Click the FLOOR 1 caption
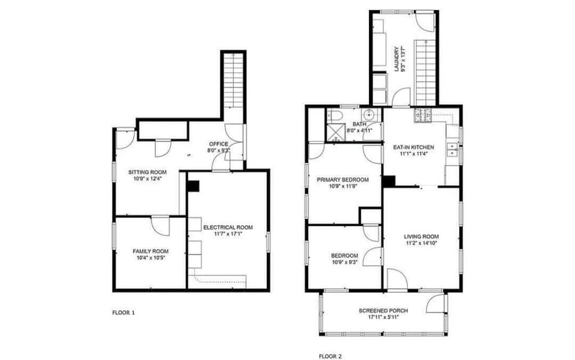tap(123, 313)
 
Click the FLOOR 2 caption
tap(331, 356)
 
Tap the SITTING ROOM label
tap(147, 173)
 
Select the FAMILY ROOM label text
tap(150, 251)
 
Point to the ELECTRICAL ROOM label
tap(228, 227)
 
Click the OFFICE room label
tap(219, 144)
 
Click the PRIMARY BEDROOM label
tap(343, 180)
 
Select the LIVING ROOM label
tap(421, 237)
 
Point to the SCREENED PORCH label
tap(383, 310)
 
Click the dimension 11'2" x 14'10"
tap(421, 243)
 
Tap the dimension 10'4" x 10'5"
tap(150, 258)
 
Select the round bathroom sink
tap(368, 114)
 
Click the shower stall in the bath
tap(336, 132)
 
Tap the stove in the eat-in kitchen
tap(423, 115)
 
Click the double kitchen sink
tap(453, 149)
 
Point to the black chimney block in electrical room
tap(193, 186)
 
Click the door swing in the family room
tap(161, 226)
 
